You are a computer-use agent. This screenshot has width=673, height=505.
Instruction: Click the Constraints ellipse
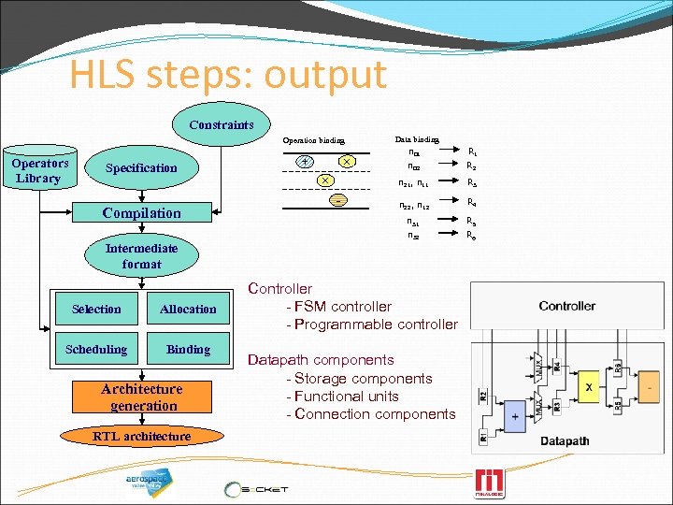[x=221, y=124]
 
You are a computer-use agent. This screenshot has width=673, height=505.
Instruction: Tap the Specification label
[x=141, y=168]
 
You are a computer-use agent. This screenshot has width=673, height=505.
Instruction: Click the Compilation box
[x=141, y=213]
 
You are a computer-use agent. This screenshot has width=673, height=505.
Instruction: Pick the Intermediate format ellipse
[x=141, y=256]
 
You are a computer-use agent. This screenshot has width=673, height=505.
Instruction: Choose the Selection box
[x=96, y=309]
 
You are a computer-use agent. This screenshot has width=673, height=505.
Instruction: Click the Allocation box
[x=188, y=309]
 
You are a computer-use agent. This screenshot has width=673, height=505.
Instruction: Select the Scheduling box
[x=96, y=349]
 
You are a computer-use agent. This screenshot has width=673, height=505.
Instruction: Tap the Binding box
[x=188, y=349]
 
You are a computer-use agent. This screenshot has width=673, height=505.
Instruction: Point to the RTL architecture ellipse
[x=141, y=436]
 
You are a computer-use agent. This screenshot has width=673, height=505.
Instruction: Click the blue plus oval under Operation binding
[x=305, y=161]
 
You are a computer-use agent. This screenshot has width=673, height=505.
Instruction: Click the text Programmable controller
[x=376, y=325]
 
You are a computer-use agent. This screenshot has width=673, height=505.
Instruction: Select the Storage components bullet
[x=363, y=378]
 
